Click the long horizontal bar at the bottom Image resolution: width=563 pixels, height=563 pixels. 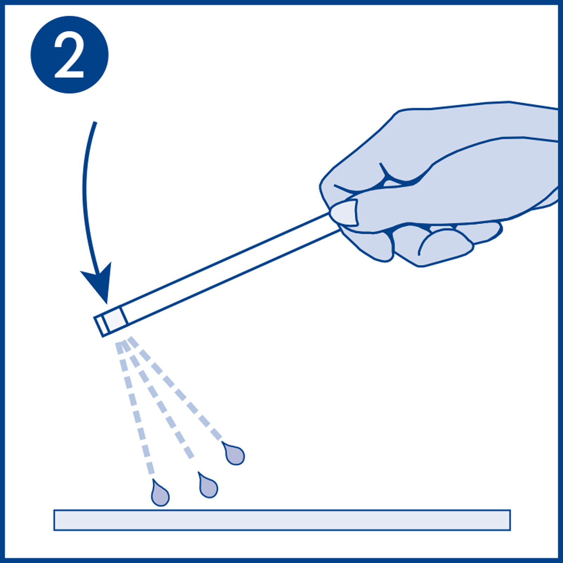pos(281,520)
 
